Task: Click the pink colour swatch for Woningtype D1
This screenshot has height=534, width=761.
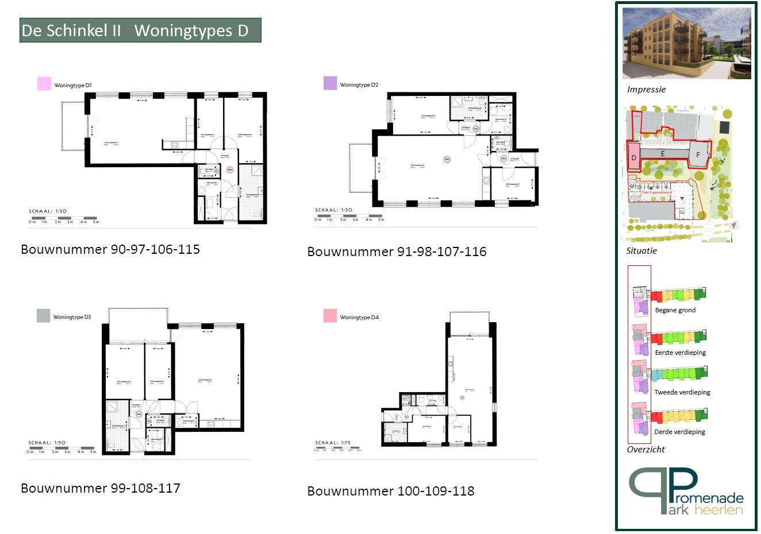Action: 44,84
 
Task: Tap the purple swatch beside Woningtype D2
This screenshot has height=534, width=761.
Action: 330,83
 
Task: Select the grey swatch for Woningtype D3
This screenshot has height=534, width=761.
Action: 44,315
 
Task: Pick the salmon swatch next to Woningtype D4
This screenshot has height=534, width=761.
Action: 330,316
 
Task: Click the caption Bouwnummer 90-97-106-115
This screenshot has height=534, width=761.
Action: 110,249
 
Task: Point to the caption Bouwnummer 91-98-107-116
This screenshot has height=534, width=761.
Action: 397,251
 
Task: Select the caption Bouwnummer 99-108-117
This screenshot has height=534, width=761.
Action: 101,488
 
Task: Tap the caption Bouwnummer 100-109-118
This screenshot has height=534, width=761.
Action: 391,491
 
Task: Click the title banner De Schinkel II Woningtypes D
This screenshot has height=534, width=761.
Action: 140,30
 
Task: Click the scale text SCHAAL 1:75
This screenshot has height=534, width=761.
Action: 333,443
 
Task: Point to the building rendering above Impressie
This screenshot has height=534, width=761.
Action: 686,44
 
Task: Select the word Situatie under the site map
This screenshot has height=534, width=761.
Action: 641,251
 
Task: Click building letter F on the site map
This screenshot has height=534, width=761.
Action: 698,155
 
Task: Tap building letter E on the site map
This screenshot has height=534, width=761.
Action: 663,154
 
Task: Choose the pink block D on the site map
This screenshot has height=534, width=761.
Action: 633,157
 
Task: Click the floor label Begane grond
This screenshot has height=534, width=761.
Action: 675,310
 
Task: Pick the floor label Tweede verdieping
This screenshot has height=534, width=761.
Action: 682,392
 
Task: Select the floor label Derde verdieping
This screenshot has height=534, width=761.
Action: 679,432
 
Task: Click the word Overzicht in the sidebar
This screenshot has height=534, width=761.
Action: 645,450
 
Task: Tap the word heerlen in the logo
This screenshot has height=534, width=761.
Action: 718,510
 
